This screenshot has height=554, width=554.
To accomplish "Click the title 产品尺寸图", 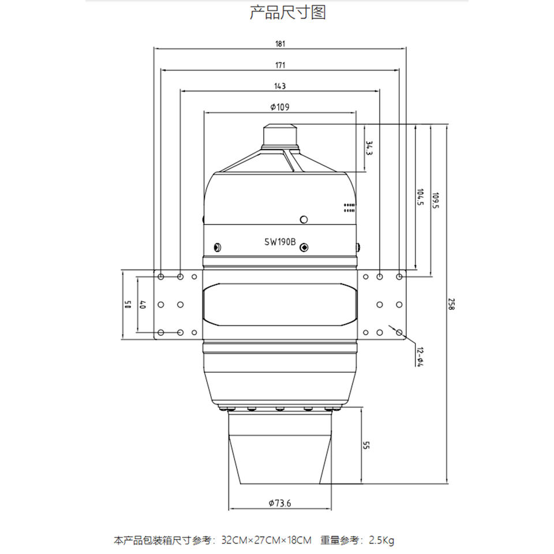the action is (x=287, y=13).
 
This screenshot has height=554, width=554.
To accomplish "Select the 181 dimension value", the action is (x=280, y=44).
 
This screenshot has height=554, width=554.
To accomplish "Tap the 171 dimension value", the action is (x=280, y=65).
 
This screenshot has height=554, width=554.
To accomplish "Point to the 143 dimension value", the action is (x=280, y=86).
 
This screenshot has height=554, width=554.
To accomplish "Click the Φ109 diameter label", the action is (x=280, y=107).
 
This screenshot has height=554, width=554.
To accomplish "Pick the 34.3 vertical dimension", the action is (x=369, y=148).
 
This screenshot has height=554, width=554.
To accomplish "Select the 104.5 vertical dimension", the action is (x=420, y=197).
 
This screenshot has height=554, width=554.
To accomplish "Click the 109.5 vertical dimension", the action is (x=436, y=200).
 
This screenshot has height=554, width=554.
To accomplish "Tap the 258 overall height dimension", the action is (x=451, y=304).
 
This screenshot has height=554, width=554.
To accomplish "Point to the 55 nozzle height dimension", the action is (x=366, y=445).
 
